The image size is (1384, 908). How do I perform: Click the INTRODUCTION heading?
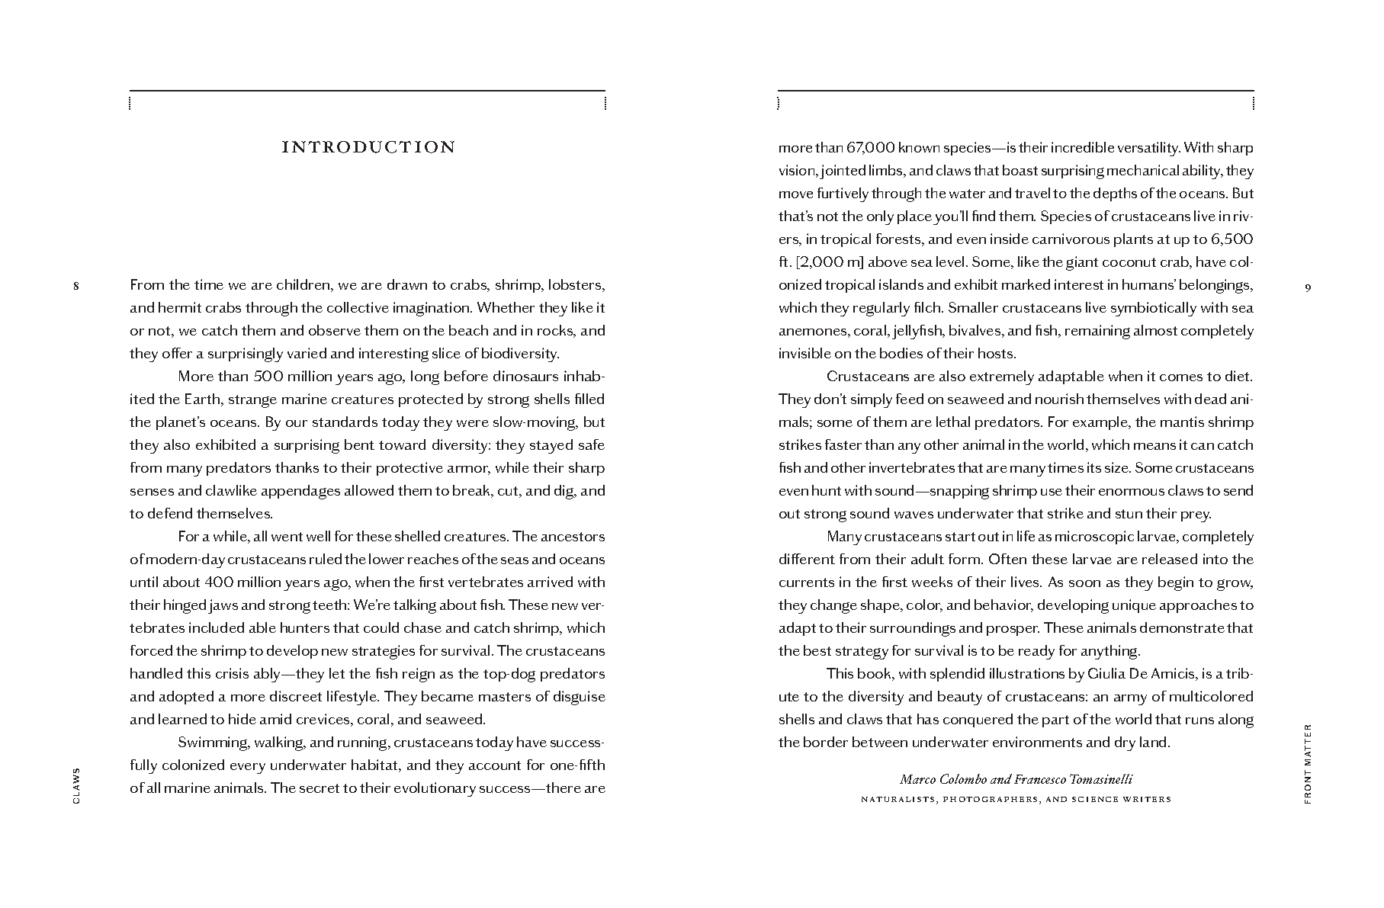pyautogui.click(x=368, y=147)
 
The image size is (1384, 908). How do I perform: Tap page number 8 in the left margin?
pyautogui.click(x=75, y=287)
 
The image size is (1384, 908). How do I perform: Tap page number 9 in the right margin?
pyautogui.click(x=1308, y=287)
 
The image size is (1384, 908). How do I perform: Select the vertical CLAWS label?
pyautogui.click(x=75, y=784)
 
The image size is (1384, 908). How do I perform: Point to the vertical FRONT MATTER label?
pyautogui.click(x=1308, y=763)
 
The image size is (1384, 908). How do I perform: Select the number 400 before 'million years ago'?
pyautogui.click(x=223, y=582)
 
